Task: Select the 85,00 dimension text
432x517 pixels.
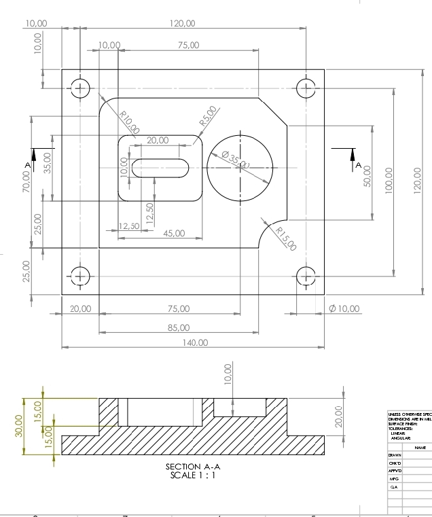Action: click(179, 328)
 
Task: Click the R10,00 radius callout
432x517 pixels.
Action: click(129, 122)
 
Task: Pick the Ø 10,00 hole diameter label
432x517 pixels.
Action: click(344, 308)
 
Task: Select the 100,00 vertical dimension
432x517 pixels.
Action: click(390, 181)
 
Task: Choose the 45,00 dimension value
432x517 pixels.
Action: click(175, 233)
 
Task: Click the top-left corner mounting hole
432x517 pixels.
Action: click(81, 88)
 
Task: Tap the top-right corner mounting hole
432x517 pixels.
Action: click(306, 88)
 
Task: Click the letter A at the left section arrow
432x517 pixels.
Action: click(27, 165)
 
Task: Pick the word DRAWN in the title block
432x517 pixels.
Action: click(395, 455)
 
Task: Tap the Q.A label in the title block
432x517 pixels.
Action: click(393, 487)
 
